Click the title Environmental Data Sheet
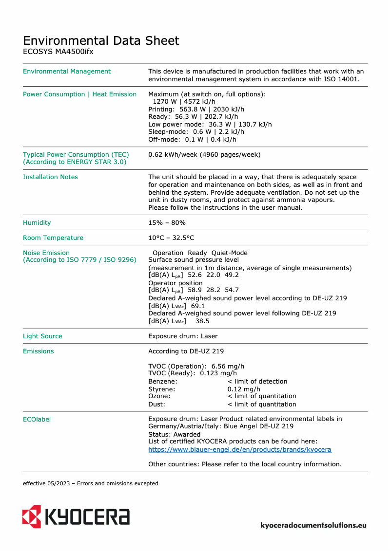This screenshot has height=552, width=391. tap(101, 40)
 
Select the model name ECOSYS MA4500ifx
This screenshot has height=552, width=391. tap(58, 51)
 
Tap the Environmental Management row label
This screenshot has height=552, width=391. tap(67, 72)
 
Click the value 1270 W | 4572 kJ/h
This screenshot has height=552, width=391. tap(184, 102)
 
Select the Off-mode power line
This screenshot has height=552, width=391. tap(192, 140)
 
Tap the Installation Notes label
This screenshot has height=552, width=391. tap(50, 177)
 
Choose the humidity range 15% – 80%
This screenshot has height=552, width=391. tap(167, 223)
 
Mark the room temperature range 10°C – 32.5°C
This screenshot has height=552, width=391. tap(171, 238)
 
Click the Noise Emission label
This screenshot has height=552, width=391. tap(46, 253)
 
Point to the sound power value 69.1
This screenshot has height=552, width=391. tap(198, 306)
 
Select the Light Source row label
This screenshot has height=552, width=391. tap(42, 336)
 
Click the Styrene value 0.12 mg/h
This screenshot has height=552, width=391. tap(244, 389)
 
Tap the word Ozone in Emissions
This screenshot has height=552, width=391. tap(159, 396)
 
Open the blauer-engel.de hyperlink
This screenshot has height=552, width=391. tap(239, 450)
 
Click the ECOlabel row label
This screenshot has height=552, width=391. tap(37, 419)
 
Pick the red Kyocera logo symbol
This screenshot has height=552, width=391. tap(31, 516)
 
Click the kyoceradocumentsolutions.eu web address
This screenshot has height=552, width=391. tap(313, 525)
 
